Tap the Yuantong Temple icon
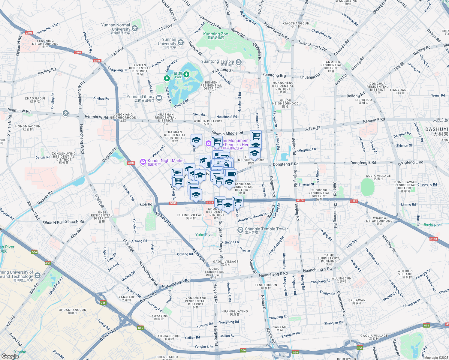point(239,62)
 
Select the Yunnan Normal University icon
point(135,28)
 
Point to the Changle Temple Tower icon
point(240,230)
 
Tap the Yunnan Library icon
point(159,97)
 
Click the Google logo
point(10,356)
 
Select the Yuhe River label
point(205,235)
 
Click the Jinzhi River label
point(432,225)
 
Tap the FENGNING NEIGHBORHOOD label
point(45,42)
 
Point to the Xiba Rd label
point(146,204)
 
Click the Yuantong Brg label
point(274,75)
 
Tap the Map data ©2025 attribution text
point(436,358)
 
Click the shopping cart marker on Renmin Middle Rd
point(256,135)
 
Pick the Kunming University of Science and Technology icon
point(38,275)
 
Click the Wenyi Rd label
point(438,95)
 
